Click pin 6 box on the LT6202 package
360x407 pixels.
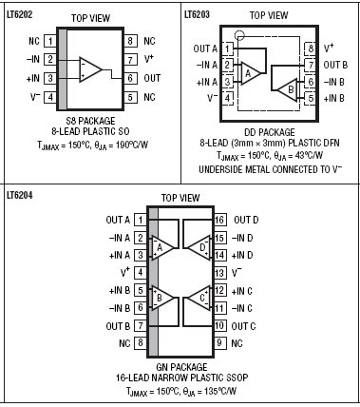[130, 78]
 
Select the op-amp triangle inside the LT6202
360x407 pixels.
[90, 69]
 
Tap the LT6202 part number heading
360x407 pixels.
[20, 14]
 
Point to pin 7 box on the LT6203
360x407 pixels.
[311, 65]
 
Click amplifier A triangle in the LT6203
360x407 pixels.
[251, 73]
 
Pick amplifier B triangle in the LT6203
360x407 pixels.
[288, 89]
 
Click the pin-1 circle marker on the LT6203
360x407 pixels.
[239, 35]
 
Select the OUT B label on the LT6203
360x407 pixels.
[335, 65]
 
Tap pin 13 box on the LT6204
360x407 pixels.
[219, 273]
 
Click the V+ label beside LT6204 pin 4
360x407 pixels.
[125, 272]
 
